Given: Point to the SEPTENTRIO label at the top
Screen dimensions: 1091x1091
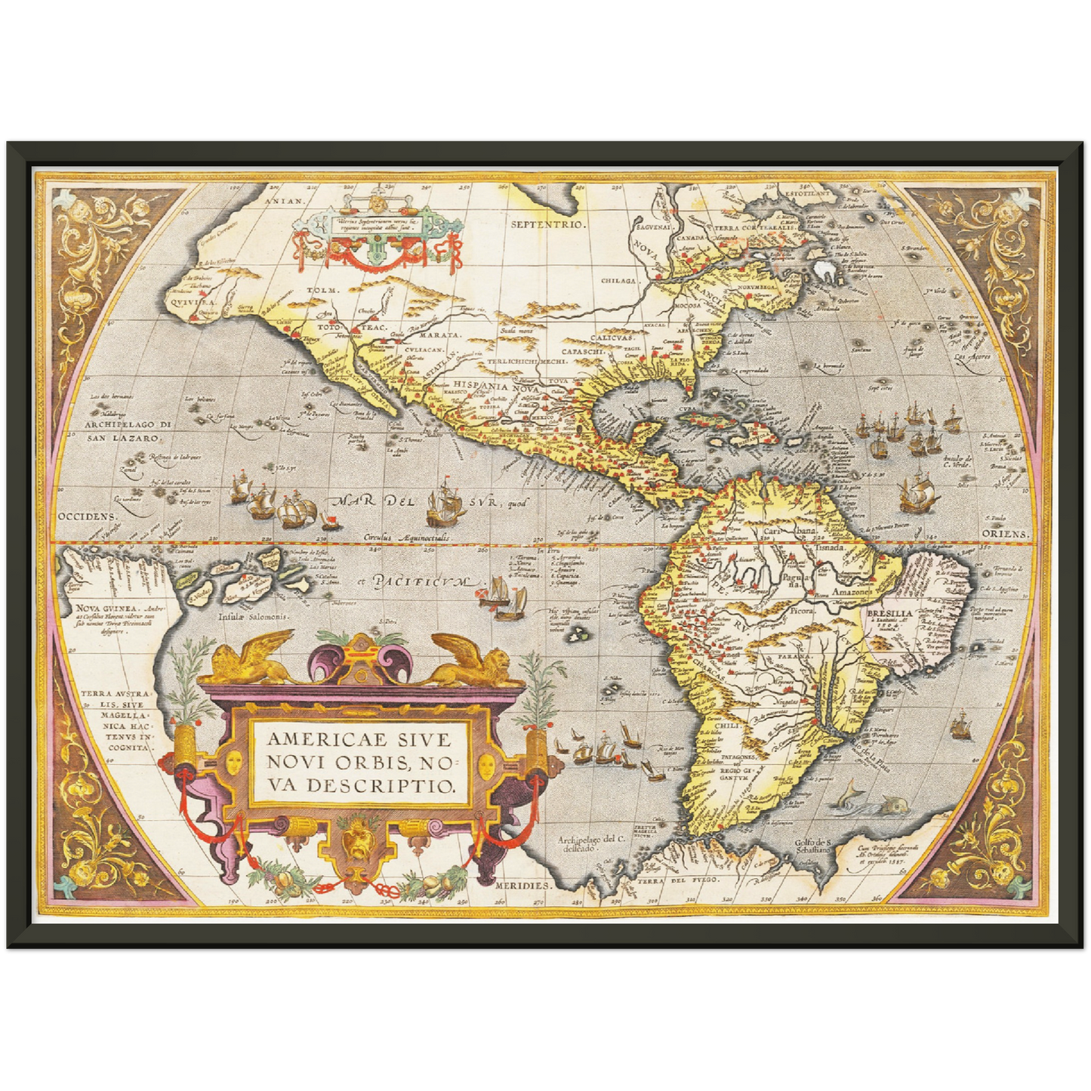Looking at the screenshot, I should [549, 225].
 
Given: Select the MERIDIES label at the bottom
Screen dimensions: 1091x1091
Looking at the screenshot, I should [521, 884].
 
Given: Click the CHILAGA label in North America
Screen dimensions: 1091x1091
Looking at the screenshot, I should [620, 281].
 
